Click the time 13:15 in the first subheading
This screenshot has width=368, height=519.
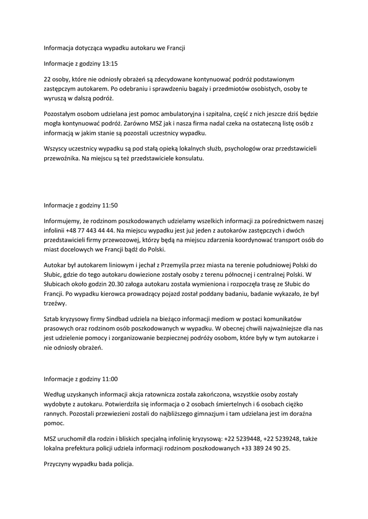[110, 64]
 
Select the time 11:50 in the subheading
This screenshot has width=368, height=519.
[110, 205]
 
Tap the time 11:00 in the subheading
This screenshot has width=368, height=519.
[110, 379]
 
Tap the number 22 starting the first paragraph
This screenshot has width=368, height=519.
[48, 80]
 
